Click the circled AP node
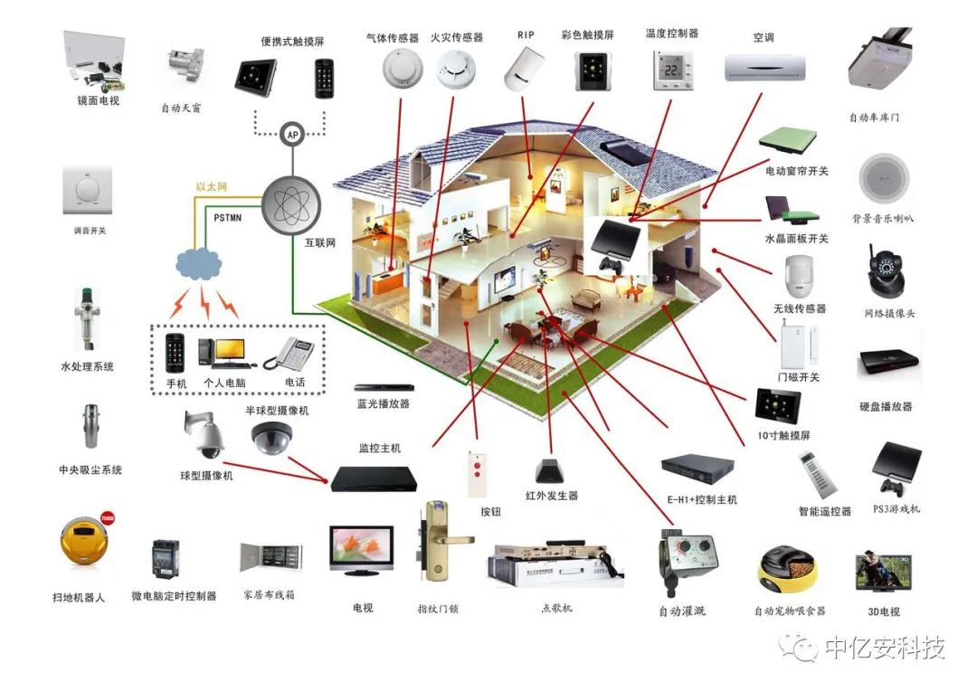[291, 135]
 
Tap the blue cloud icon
[198, 262]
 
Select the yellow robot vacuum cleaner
[81, 544]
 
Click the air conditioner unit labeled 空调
[764, 67]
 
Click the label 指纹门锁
[438, 609]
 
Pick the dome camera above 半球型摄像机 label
[272, 438]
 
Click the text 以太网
[211, 187]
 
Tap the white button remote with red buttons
[475, 474]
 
